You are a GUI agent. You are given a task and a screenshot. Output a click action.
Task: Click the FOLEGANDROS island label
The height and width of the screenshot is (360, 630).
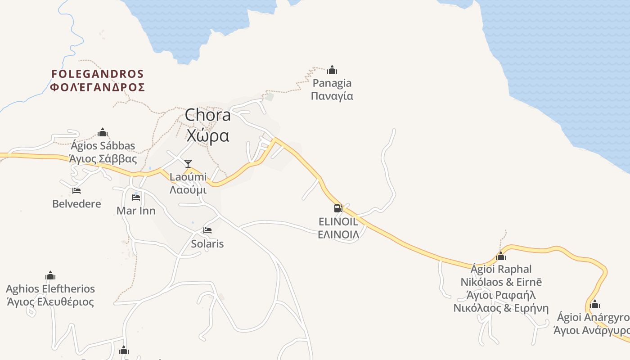click(97, 74)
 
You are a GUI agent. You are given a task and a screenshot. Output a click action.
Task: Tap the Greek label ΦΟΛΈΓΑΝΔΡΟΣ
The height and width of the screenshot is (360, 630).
click(97, 87)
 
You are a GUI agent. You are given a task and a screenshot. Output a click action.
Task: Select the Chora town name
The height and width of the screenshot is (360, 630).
click(208, 115)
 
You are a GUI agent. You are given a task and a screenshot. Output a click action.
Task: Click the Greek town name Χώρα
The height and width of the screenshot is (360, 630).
click(208, 135)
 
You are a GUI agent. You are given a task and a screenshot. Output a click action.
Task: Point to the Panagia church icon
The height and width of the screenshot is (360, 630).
click(332, 70)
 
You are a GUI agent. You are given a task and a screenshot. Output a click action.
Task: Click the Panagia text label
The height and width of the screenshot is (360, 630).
click(332, 83)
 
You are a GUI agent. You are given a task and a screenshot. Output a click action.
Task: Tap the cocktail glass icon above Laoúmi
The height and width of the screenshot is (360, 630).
click(188, 163)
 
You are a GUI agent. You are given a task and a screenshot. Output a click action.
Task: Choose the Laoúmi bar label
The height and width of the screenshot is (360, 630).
click(188, 177)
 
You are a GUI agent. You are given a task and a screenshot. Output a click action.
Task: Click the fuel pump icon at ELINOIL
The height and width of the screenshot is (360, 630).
click(338, 208)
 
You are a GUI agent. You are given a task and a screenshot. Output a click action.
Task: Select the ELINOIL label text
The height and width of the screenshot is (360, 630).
click(338, 221)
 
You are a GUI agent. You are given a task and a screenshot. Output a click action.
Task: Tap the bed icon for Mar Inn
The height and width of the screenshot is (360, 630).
click(136, 197)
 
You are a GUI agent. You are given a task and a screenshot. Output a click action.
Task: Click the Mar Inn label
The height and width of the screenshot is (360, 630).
click(136, 211)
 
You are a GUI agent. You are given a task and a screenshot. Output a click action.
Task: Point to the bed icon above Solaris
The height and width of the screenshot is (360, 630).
click(207, 230)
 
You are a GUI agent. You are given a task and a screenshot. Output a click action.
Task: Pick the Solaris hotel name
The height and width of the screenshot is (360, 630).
click(207, 244)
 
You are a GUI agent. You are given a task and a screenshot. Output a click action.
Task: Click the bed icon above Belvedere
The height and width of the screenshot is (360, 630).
click(76, 191)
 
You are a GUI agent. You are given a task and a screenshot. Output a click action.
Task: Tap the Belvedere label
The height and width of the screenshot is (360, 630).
click(76, 204)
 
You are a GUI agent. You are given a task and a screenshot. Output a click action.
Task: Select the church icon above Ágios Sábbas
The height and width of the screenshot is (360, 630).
click(103, 132)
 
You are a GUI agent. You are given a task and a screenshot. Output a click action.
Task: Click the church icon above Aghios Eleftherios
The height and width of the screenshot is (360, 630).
click(50, 275)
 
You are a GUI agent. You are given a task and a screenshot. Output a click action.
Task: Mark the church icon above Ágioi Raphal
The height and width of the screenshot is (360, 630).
click(501, 256)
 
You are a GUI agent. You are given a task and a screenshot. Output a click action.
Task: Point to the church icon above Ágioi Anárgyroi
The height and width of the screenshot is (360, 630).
click(595, 304)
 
